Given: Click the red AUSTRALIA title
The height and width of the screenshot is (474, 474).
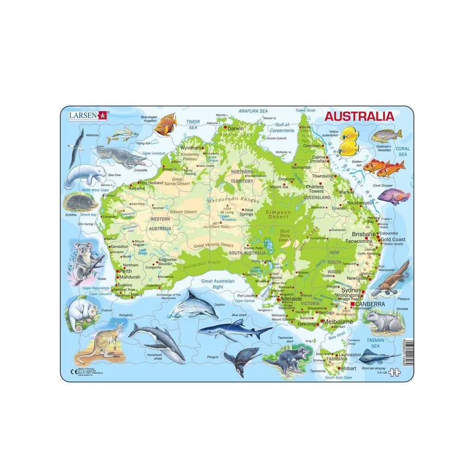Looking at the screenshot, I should tap(359, 116).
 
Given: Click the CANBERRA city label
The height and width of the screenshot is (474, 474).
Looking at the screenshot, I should tap(370, 304).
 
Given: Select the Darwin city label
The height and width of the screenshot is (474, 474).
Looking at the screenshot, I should tap(235, 128).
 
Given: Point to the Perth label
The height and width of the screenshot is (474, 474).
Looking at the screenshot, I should tap(125, 271).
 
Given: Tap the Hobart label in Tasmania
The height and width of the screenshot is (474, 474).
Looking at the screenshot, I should tap(349, 368).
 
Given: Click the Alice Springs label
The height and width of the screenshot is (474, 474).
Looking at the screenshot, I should tap(246, 212).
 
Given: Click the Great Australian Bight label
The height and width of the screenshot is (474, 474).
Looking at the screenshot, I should tap(218, 284).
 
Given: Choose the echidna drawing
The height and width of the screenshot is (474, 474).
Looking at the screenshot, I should tap(80, 202).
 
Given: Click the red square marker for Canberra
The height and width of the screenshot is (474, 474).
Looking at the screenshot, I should tap(352, 304).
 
